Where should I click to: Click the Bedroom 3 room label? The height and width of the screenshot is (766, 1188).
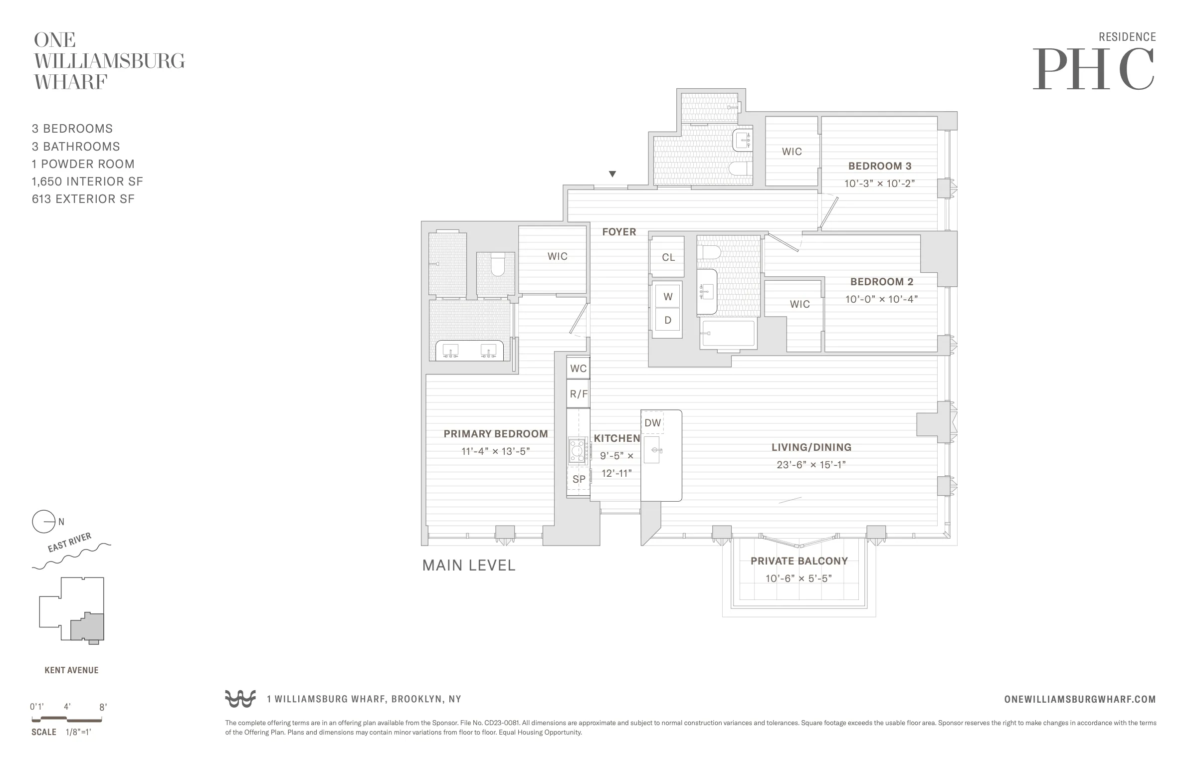[x=879, y=166]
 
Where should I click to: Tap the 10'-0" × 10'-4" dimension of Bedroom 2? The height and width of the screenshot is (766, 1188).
[x=881, y=299]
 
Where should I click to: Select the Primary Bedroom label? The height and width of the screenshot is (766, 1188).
[x=495, y=434]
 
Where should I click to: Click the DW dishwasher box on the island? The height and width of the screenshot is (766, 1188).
[x=652, y=423]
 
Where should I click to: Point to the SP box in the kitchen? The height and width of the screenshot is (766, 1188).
[x=579, y=479]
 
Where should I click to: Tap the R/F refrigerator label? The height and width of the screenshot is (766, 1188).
[x=579, y=394]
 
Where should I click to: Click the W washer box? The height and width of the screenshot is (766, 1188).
[x=668, y=297]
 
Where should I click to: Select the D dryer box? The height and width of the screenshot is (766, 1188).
[x=668, y=320]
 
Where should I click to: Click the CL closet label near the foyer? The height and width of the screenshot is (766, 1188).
[x=668, y=257]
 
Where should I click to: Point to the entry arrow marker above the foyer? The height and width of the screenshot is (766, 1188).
[x=612, y=174]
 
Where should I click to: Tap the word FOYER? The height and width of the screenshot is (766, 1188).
[x=619, y=232]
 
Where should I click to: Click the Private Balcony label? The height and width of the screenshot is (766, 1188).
[x=799, y=561]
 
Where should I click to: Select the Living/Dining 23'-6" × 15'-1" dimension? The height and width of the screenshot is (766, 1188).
[x=811, y=465]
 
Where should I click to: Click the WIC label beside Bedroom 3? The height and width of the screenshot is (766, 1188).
[x=792, y=152]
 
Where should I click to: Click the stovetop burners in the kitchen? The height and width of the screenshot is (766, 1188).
[x=578, y=451]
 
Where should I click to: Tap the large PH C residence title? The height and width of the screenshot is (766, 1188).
[x=1094, y=70]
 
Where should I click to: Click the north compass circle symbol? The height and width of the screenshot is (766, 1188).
[x=43, y=522]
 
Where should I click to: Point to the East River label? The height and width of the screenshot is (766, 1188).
[x=69, y=543]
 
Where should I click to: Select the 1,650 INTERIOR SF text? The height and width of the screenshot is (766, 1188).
[x=87, y=182]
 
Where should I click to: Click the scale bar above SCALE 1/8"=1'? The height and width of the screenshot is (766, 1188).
[x=67, y=719]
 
